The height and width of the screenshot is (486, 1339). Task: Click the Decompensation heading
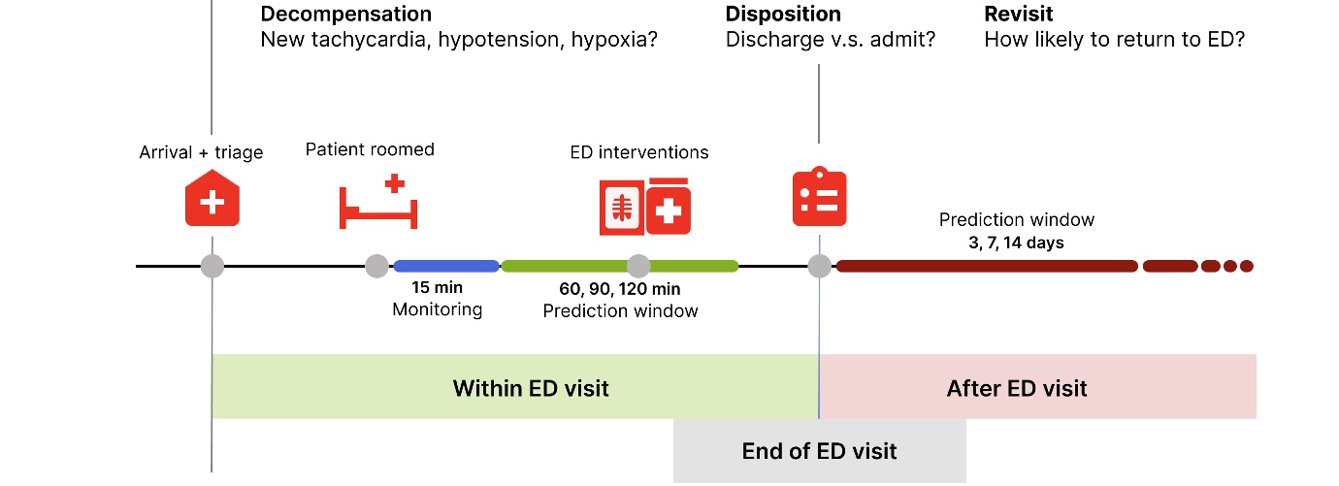pyautogui.click(x=345, y=15)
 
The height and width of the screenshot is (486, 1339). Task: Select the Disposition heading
pyautogui.click(x=783, y=15)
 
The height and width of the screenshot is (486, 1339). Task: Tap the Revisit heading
pyautogui.click(x=1018, y=15)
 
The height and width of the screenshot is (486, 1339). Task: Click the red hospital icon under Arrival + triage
pyautogui.click(x=212, y=199)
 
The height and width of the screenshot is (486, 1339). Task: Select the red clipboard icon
pyautogui.click(x=819, y=198)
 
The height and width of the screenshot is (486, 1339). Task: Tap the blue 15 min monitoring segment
pyautogui.click(x=446, y=266)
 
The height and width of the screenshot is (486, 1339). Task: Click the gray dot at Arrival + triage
pyautogui.click(x=212, y=266)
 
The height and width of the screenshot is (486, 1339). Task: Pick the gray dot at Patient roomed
pyautogui.click(x=377, y=266)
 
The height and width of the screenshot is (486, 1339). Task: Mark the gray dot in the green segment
pyautogui.click(x=638, y=266)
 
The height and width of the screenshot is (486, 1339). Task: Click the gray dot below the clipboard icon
pyautogui.click(x=820, y=266)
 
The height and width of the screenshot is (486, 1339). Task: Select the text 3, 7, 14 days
pyautogui.click(x=1016, y=243)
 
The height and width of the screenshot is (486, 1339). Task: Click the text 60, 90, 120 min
pyautogui.click(x=620, y=289)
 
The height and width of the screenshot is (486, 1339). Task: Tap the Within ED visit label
pyautogui.click(x=531, y=389)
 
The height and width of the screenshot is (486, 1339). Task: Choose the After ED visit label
pyautogui.click(x=1017, y=389)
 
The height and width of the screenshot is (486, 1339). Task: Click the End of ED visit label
pyautogui.click(x=819, y=451)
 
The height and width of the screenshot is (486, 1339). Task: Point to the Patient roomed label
pyautogui.click(x=370, y=149)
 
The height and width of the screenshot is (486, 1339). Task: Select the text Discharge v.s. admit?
pyautogui.click(x=830, y=41)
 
